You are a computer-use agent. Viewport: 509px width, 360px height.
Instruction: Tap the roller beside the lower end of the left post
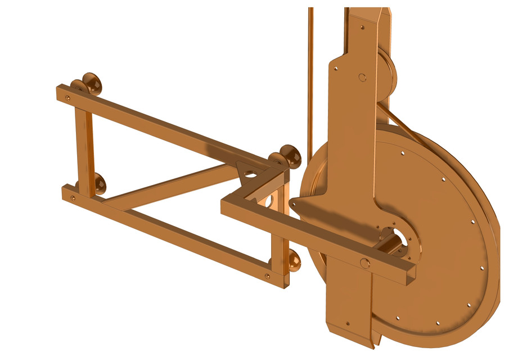97,183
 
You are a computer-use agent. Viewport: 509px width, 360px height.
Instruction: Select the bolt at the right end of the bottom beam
267,276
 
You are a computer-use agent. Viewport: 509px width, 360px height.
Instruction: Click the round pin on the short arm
364,263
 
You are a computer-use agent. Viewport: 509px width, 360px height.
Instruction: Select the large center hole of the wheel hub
397,238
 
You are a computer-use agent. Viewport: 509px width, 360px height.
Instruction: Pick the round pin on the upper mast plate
363,77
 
